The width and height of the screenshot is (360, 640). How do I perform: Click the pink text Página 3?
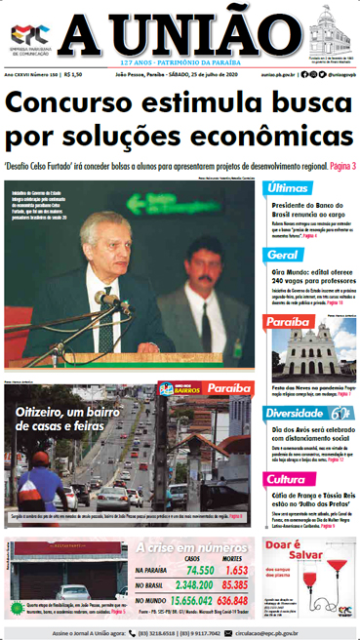coord(335,166)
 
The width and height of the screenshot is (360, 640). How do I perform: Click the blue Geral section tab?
coord(284,255)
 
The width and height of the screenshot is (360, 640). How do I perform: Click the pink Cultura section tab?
coord(288,479)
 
